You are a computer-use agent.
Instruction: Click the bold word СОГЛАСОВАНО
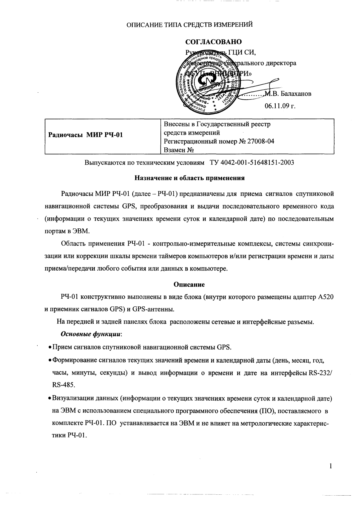click(214, 42)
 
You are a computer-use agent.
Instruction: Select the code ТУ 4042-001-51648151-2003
click(252, 162)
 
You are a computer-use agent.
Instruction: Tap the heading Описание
click(189, 284)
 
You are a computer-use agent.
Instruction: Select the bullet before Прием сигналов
click(50, 348)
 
